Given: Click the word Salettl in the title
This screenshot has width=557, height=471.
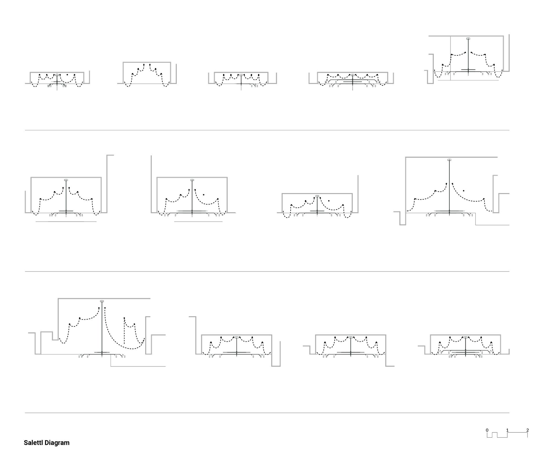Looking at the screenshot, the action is tap(33, 443).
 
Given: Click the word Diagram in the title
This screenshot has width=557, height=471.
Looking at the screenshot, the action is tap(57, 443).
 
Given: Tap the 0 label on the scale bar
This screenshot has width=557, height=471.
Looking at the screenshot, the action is tap(487, 430).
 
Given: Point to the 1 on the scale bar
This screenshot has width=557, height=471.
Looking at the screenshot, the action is tap(507, 430).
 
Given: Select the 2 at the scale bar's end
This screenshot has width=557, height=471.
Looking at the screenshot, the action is tap(527, 430).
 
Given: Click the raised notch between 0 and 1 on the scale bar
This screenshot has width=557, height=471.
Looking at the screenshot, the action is tap(495, 433).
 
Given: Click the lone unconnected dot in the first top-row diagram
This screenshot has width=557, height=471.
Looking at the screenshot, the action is tap(67, 75).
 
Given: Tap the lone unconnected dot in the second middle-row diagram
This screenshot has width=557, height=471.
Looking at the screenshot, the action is tap(204, 195).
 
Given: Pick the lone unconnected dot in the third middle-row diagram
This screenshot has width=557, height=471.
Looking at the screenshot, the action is tap(329, 201).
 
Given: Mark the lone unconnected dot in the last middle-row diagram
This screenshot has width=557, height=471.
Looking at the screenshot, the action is tap(464, 191).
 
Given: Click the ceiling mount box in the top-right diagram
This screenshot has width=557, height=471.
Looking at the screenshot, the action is tap(468, 39).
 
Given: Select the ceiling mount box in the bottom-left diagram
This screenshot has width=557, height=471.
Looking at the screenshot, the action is tap(102, 301).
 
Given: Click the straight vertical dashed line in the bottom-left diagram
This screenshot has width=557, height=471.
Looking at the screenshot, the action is tap(124, 331).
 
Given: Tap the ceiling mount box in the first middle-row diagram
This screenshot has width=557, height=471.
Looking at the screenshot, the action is tap(66, 180).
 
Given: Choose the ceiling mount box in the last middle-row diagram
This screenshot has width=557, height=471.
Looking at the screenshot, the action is tap(449, 160).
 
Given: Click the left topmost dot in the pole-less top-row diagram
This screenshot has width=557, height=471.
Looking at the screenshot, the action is tap(144, 64).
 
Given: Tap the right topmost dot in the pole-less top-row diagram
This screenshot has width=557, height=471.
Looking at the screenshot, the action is tap(150, 64).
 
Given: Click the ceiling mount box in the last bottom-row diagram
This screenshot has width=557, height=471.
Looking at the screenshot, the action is tap(466, 337).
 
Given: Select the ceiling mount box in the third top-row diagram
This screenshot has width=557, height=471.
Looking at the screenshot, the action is tap(241, 75).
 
